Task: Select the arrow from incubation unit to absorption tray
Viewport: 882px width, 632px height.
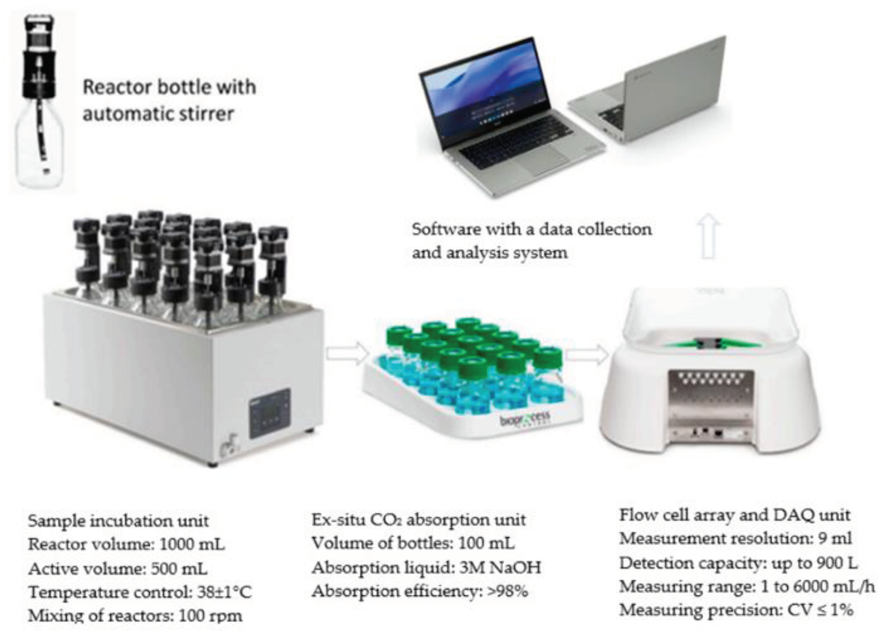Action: [x=347, y=353]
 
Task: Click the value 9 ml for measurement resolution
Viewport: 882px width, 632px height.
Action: [x=834, y=539]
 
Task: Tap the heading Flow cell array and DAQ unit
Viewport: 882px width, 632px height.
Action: [x=735, y=515]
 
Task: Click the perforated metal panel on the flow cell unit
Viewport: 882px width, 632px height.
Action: [x=711, y=393]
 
